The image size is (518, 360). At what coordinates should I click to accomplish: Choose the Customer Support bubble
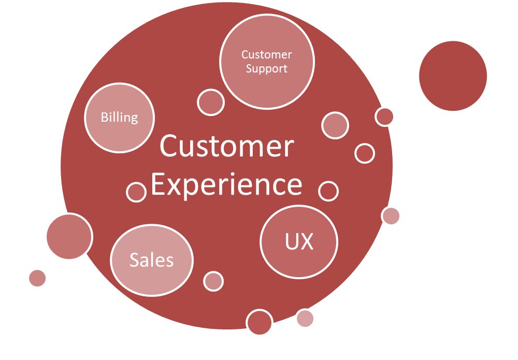point(267,62)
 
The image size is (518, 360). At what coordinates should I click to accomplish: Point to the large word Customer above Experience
point(226,147)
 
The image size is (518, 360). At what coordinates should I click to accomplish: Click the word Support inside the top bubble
point(267,68)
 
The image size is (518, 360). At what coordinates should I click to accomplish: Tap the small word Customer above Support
point(267,54)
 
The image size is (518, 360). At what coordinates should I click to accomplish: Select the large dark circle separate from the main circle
point(453,76)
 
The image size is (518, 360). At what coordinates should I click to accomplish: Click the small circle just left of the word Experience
point(136,192)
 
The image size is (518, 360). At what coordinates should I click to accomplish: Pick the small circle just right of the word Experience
point(328,191)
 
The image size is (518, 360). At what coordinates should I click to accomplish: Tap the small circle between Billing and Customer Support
point(211,102)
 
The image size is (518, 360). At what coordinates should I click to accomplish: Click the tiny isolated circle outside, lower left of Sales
point(37,278)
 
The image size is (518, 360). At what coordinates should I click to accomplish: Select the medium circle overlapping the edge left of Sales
point(69,236)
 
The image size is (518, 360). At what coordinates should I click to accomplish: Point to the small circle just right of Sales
point(213,281)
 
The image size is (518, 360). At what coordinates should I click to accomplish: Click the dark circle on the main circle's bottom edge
point(260,322)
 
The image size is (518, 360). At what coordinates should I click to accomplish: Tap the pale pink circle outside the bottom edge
point(305,318)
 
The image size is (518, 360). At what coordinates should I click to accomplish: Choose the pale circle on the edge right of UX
point(391,215)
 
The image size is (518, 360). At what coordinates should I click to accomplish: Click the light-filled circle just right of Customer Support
point(335,125)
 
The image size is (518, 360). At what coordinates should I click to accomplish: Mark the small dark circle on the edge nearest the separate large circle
point(384,117)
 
